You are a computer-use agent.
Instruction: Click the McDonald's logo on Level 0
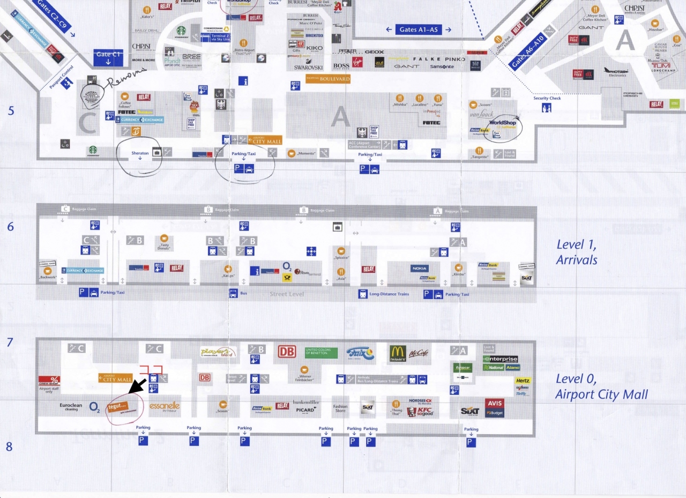398,353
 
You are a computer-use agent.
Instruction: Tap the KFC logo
419,412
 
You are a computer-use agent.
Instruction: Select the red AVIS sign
495,403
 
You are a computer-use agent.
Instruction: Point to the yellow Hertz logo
523,381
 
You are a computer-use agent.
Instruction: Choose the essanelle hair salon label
165,406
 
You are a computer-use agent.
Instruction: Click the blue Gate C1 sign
108,57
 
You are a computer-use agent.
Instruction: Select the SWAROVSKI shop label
308,68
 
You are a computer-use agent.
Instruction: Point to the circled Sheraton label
140,153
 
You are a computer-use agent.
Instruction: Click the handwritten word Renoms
126,79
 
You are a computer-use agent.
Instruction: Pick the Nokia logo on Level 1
420,268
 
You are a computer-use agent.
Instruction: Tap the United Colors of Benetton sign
321,352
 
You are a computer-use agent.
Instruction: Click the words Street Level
287,294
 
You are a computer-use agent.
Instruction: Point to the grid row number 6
10,226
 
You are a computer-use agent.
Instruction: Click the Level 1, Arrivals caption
577,252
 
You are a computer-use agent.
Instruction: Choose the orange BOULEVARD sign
328,79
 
